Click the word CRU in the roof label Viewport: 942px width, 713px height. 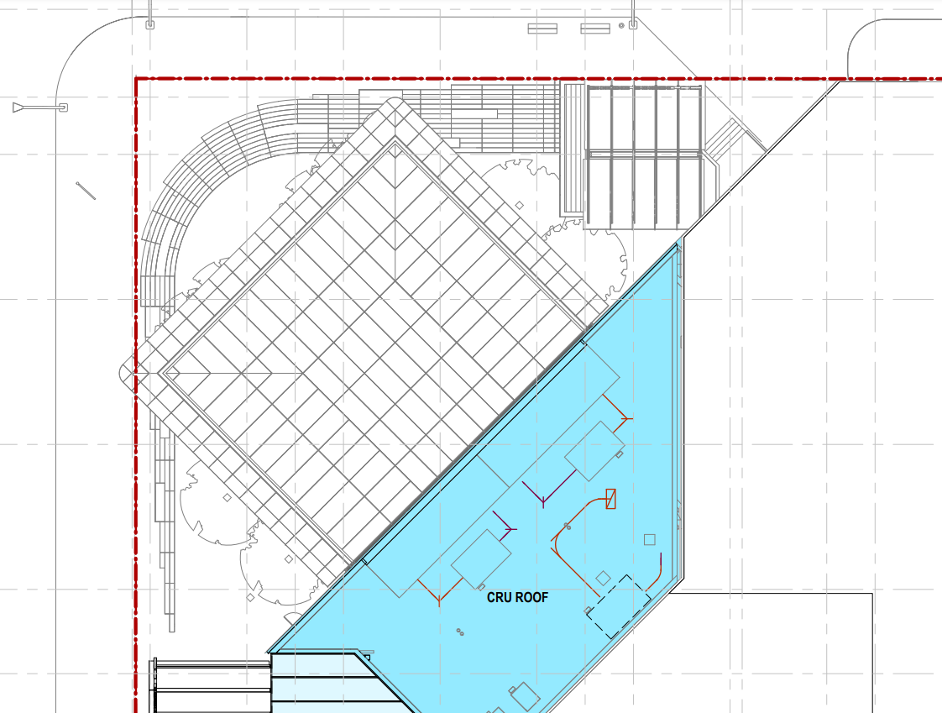[x=498, y=598]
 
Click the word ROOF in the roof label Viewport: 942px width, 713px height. [x=531, y=598]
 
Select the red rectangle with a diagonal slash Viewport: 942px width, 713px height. [x=611, y=499]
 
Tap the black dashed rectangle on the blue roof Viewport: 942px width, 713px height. [x=618, y=606]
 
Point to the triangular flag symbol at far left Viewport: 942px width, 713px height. [x=18, y=107]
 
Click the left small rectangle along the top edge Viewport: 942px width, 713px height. [x=542, y=29]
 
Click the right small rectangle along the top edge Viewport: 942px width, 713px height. [x=595, y=29]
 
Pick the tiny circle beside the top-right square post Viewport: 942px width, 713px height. [x=621, y=26]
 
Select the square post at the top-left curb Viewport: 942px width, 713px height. [x=149, y=24]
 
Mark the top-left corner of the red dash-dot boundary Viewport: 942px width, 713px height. [x=136, y=79]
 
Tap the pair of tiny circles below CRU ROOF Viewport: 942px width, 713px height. [x=460, y=632]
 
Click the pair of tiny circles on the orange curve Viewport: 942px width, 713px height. [x=567, y=527]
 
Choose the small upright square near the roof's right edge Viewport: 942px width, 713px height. [x=650, y=540]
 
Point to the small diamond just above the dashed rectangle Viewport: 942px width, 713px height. [x=603, y=579]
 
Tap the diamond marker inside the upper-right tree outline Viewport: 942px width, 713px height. [x=519, y=206]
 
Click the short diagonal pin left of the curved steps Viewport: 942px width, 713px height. [x=86, y=191]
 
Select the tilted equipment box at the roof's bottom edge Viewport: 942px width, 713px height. [x=525, y=697]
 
